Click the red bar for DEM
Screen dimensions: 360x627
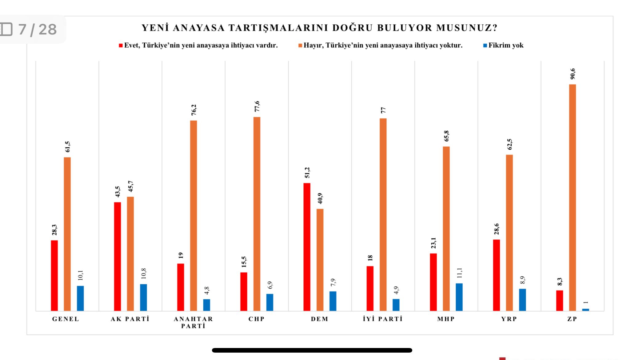(307, 247)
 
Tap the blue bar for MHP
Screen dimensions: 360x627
(459, 297)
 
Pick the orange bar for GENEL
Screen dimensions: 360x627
(67, 234)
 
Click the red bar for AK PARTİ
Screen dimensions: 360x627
(118, 256)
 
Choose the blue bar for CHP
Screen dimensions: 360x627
(270, 302)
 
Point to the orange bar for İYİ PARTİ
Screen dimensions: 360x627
(383, 214)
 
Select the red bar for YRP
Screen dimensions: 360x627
(496, 275)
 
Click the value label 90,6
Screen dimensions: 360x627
(573, 74)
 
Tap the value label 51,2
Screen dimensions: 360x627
(307, 173)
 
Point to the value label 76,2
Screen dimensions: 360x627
(194, 110)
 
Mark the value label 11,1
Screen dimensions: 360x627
(460, 273)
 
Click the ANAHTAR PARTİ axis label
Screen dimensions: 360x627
(193, 322)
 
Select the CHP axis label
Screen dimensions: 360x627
(257, 319)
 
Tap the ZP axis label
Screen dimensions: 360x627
(572, 319)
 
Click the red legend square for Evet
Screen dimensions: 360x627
(121, 46)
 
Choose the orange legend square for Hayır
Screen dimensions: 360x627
(300, 46)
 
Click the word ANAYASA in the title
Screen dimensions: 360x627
(199, 28)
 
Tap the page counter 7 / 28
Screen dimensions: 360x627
(37, 30)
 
